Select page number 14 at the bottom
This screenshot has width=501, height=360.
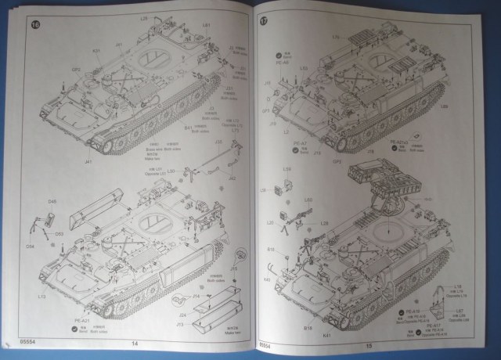134,344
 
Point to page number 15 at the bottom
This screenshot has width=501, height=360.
366,344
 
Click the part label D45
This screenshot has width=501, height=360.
52,202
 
